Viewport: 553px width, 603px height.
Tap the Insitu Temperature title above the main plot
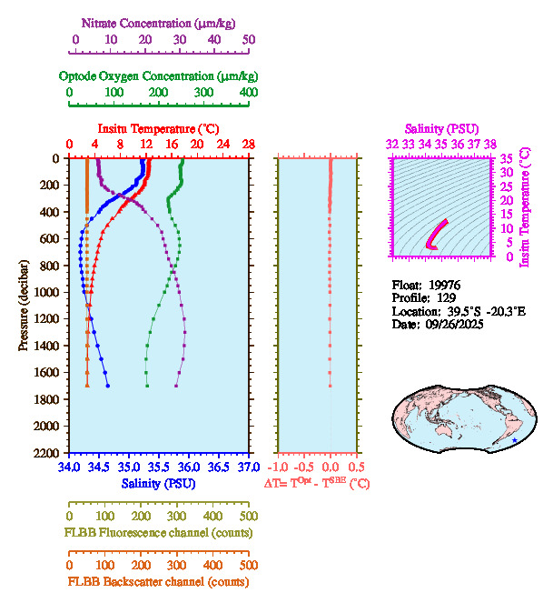coord(158,128)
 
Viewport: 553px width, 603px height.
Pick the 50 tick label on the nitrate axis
coord(249,39)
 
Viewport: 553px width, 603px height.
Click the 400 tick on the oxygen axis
coord(248,92)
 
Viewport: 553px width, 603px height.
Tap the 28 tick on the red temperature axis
coord(248,144)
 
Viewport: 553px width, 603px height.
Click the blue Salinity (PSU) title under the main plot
coord(158,484)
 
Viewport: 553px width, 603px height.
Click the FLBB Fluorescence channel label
coord(157,532)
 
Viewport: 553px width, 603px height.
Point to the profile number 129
coord(444,297)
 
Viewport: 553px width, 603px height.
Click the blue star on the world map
coord(514,440)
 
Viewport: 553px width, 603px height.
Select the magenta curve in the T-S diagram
coord(437,235)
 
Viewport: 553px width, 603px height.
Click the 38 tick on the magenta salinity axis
coord(490,144)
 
